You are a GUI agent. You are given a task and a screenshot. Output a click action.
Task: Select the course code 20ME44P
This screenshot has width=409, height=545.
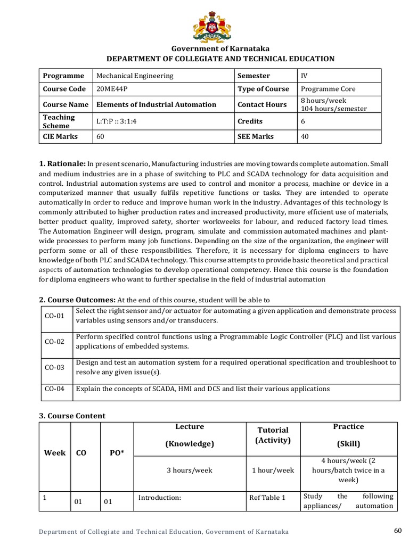point(113,89)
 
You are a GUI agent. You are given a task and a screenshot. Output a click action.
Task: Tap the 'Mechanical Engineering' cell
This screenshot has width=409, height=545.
point(135,76)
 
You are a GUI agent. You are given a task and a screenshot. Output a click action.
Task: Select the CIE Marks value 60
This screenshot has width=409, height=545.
point(101,136)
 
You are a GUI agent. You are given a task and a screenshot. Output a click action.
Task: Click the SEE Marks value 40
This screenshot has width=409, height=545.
point(305,136)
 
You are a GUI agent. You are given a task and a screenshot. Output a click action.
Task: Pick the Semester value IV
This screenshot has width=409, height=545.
point(304,76)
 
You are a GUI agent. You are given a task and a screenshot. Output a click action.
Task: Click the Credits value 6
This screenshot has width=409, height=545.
point(303,121)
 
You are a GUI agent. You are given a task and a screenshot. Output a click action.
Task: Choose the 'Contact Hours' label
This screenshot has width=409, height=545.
point(262,104)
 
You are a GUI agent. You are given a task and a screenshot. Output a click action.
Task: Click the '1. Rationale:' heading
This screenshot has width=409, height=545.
point(62,164)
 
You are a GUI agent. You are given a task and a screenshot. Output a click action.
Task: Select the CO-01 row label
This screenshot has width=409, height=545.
point(54,316)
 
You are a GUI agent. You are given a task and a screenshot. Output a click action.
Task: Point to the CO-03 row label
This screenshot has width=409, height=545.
point(54,367)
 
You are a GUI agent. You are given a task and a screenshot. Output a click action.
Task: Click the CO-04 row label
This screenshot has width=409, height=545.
point(54,389)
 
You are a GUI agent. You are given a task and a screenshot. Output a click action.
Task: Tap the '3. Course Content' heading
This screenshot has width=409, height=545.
point(72,416)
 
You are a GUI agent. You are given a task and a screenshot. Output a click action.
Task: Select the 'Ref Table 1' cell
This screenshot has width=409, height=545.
point(267,498)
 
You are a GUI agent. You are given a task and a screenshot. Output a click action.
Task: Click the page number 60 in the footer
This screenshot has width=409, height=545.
point(397,530)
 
